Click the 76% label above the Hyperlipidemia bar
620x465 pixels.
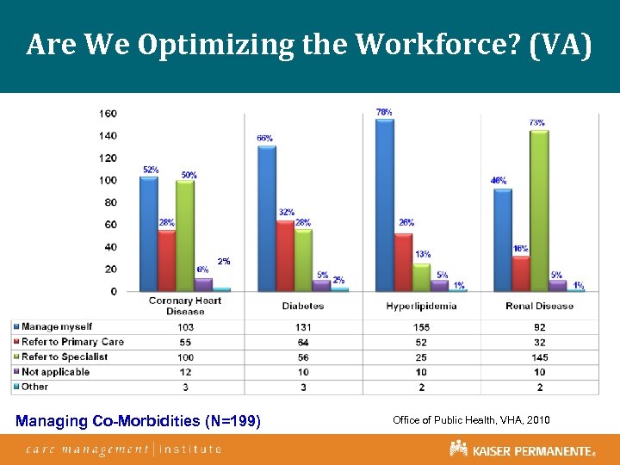384,112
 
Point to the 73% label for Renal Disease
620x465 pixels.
536,122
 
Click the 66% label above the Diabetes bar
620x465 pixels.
265,138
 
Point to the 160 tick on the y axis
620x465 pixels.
108,114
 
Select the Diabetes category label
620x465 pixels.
303,306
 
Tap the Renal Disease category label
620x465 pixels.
540,306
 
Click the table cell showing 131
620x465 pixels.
303,327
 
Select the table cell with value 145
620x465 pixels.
540,357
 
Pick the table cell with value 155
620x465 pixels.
420,327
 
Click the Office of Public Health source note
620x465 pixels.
471,419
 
